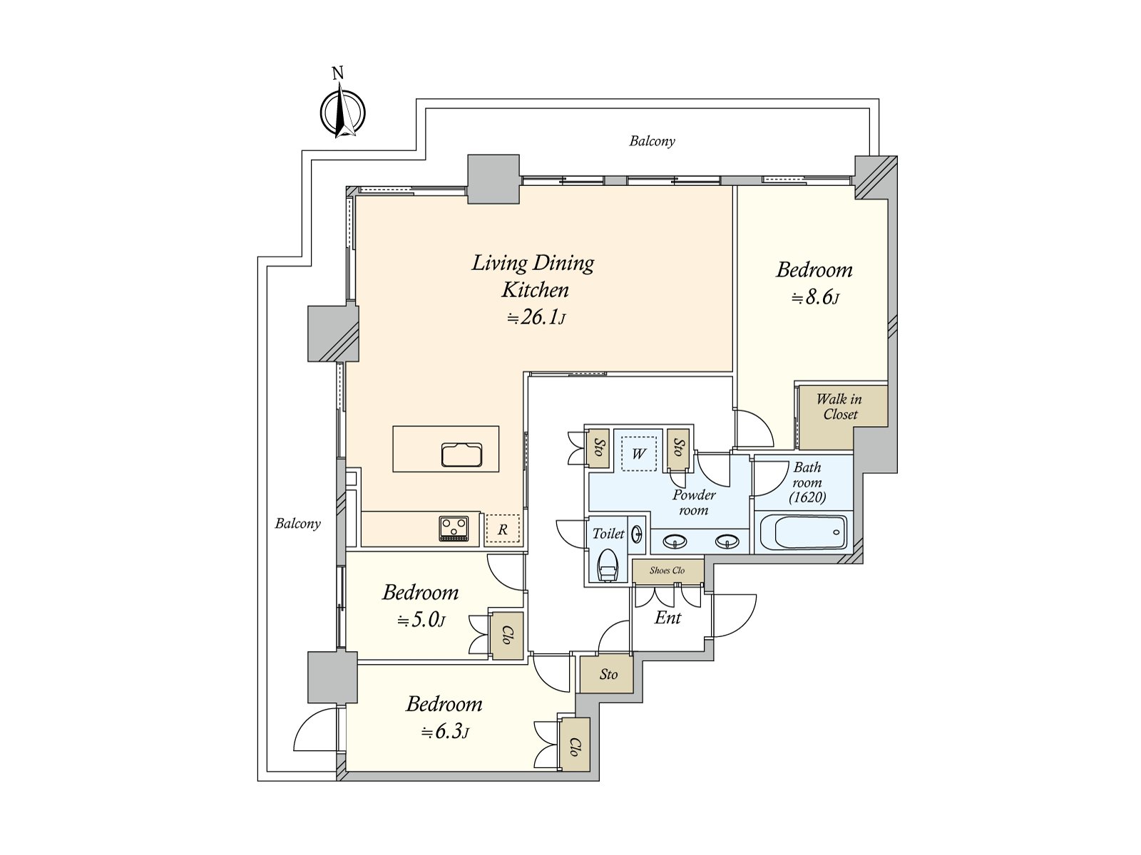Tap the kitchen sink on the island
tap(462, 454)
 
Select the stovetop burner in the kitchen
tap(454, 529)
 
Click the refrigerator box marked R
tap(503, 529)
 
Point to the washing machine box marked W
tap(638, 453)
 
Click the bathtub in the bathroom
tap(802, 532)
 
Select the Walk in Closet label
tap(839, 407)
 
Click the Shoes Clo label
tap(667, 571)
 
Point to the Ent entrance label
tap(668, 618)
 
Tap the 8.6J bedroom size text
tap(815, 298)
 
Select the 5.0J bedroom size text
tap(421, 621)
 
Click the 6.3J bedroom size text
tap(445, 732)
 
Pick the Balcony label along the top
tap(652, 141)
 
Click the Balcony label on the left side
tap(298, 524)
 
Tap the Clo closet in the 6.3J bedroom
tap(575, 745)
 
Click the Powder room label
tap(694, 502)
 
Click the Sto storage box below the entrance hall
tap(608, 674)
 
